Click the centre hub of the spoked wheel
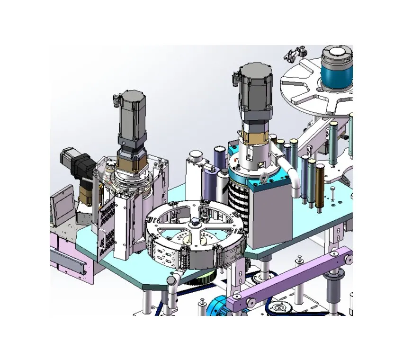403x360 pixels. coord(195,223)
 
